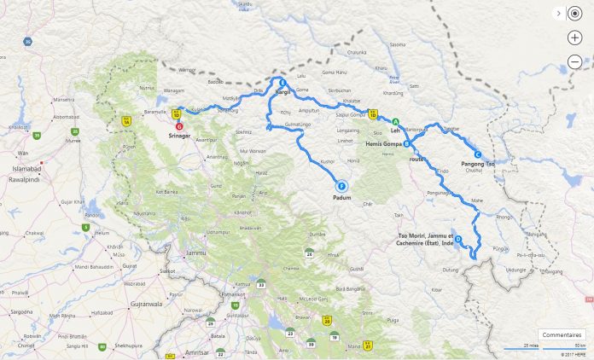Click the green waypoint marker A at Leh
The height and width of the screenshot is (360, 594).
(395, 121)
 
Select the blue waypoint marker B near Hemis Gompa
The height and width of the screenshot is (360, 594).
(407, 143)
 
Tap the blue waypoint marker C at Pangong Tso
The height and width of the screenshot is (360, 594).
(478, 154)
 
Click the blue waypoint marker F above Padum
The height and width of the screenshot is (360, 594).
(341, 187)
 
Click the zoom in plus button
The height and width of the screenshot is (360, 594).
(574, 38)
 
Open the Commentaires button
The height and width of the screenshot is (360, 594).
(561, 334)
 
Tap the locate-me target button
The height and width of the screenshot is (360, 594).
(574, 15)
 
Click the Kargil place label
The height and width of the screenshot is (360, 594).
(283, 90)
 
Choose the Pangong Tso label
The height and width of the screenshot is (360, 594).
(478, 162)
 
